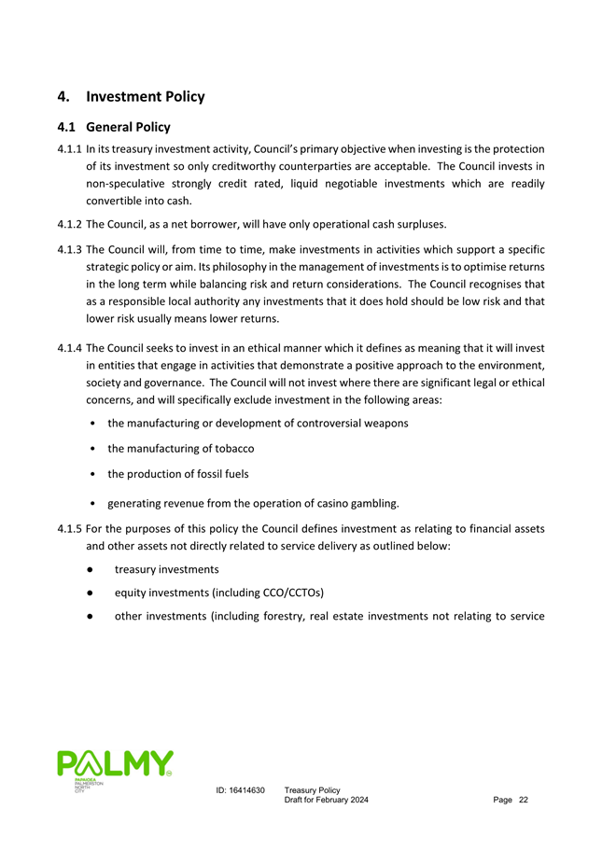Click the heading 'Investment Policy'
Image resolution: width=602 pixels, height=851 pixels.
pos(145,96)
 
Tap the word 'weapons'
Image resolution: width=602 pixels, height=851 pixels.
pos(385,424)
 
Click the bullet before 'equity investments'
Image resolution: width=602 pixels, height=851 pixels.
pos(86,591)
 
